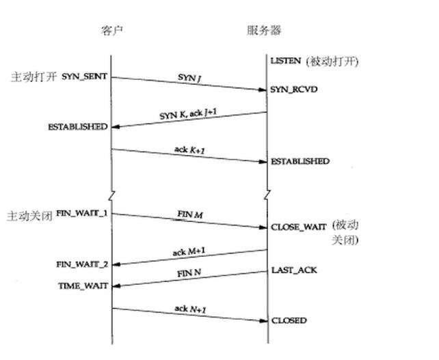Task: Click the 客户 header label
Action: tap(111, 30)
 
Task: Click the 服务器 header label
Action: tap(264, 30)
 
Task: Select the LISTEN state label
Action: tap(285, 61)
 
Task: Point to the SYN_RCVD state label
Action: tap(293, 89)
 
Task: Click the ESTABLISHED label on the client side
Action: tap(77, 127)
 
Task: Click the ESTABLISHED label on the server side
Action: tap(300, 162)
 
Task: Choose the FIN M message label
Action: tap(189, 215)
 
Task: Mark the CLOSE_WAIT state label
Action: tap(299, 227)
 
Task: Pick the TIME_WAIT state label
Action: tap(83, 286)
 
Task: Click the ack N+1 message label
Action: tap(189, 309)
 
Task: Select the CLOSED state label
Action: tap(289, 320)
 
